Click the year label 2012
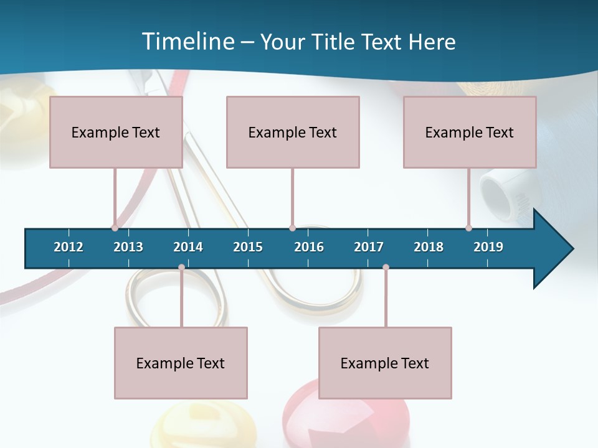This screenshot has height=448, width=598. pyautogui.click(x=69, y=247)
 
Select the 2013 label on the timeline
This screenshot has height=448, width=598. pyautogui.click(x=128, y=247)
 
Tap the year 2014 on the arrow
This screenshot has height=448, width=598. pyautogui.click(x=188, y=247)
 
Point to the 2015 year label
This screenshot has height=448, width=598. pyautogui.click(x=248, y=247)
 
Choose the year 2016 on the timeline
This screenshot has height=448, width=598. pyautogui.click(x=309, y=247)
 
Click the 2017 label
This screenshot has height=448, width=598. pyautogui.click(x=369, y=247)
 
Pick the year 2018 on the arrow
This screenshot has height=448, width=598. pyautogui.click(x=429, y=247)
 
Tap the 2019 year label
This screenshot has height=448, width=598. pyautogui.click(x=488, y=247)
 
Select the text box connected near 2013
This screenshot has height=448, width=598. pyautogui.click(x=116, y=132)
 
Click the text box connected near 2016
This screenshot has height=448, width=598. pyautogui.click(x=293, y=132)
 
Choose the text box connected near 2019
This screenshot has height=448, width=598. pyautogui.click(x=470, y=132)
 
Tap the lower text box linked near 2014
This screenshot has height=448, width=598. pyautogui.click(x=181, y=363)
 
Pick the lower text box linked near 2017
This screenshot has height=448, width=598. pyautogui.click(x=385, y=363)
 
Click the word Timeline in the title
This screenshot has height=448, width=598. pyautogui.click(x=187, y=42)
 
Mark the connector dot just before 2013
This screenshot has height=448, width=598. pyautogui.click(x=115, y=228)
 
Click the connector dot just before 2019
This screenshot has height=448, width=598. pyautogui.click(x=468, y=228)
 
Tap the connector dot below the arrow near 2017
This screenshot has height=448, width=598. pyautogui.click(x=386, y=267)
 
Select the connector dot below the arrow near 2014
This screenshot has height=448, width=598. pyautogui.click(x=181, y=267)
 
